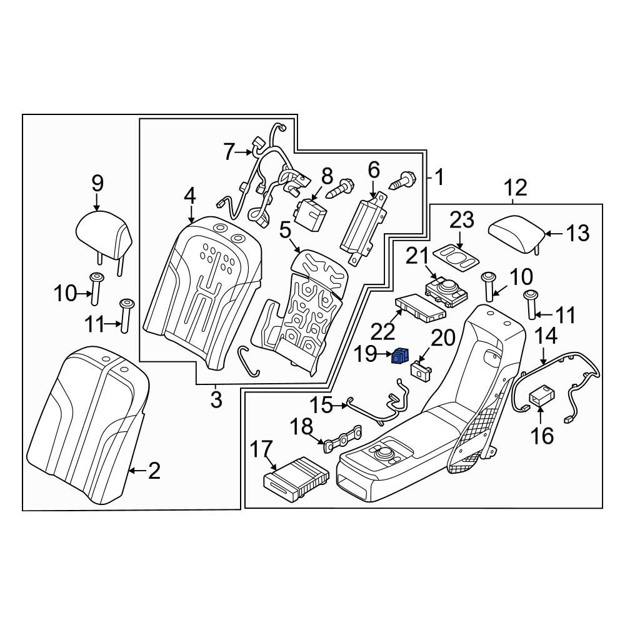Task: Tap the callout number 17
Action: click(261, 449)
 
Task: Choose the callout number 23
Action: click(462, 219)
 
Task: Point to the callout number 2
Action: click(154, 471)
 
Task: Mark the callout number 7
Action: click(228, 152)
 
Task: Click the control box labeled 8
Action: click(310, 213)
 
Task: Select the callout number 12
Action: click(516, 187)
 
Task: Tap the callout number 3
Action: click(216, 399)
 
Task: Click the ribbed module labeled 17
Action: click(297, 478)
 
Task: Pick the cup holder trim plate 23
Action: click(457, 258)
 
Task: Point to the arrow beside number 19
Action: click(384, 354)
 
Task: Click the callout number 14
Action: click(546, 336)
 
